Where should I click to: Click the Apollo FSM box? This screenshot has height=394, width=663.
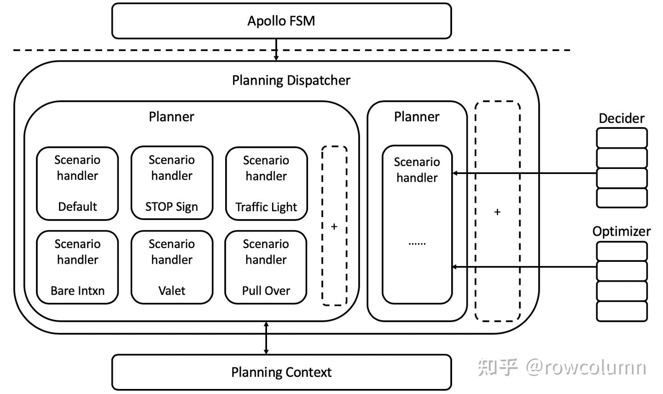click(x=281, y=21)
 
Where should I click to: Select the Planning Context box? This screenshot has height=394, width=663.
click(x=281, y=372)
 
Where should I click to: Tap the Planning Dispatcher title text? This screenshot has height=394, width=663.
click(x=291, y=81)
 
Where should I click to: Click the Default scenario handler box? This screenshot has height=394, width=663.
click(x=77, y=183)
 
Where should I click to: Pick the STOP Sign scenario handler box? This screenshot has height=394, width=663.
click(x=172, y=183)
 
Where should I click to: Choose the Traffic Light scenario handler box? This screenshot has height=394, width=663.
click(x=266, y=184)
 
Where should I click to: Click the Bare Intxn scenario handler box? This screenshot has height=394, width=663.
click(x=77, y=267)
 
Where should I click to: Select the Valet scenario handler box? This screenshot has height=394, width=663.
click(x=172, y=267)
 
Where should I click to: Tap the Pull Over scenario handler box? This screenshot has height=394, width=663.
click(x=266, y=267)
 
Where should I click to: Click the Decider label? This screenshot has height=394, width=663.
click(x=621, y=118)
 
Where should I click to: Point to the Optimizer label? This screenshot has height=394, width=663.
click(x=621, y=231)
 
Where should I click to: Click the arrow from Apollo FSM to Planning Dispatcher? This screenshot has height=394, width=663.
click(x=276, y=50)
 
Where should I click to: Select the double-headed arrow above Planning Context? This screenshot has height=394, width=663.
click(x=266, y=338)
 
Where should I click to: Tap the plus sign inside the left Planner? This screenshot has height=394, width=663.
click(x=334, y=226)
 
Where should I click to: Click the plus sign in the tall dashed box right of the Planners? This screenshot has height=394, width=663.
click(x=497, y=212)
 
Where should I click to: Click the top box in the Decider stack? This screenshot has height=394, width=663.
click(x=622, y=138)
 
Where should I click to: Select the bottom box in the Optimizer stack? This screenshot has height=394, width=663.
click(x=622, y=311)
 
